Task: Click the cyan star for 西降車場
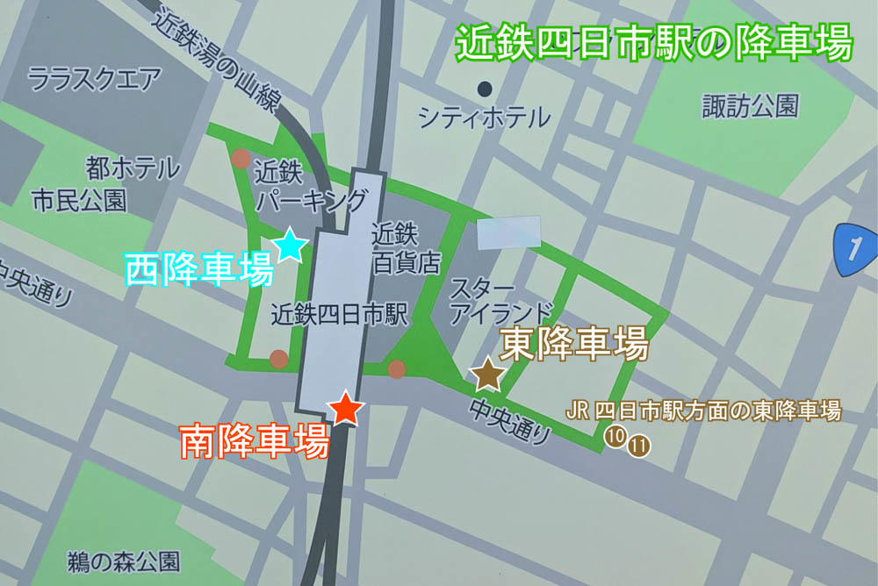290,246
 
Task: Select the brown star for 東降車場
487,375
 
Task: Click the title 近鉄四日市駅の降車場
654,41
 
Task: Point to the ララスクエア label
94,81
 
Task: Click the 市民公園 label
79,200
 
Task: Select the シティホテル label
484,117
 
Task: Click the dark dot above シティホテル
484,88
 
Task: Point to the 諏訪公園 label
751,107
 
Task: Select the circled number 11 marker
639,446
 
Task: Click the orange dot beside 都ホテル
240,159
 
